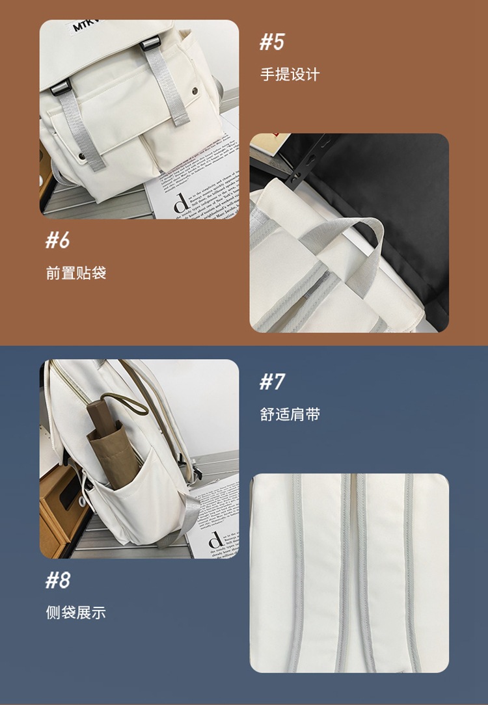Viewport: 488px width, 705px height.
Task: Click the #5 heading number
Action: point(272,42)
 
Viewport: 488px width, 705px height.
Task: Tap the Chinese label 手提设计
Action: point(290,75)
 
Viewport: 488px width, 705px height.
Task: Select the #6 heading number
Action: point(57,240)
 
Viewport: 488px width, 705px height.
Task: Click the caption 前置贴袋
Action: point(75,273)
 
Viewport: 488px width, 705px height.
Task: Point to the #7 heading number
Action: point(272,382)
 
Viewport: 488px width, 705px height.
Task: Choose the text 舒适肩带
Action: point(290,414)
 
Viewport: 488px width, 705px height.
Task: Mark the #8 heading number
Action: point(57,579)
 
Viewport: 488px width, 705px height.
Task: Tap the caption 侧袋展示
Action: point(75,613)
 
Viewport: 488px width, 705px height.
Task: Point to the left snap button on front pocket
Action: point(81,156)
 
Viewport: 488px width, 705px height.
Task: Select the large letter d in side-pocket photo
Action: point(214,540)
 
